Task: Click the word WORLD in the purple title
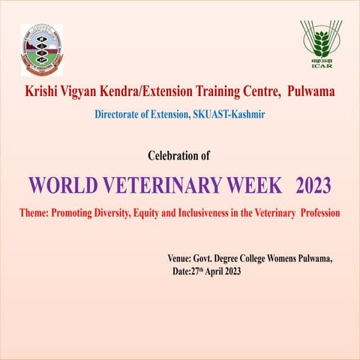coord(62,184)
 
